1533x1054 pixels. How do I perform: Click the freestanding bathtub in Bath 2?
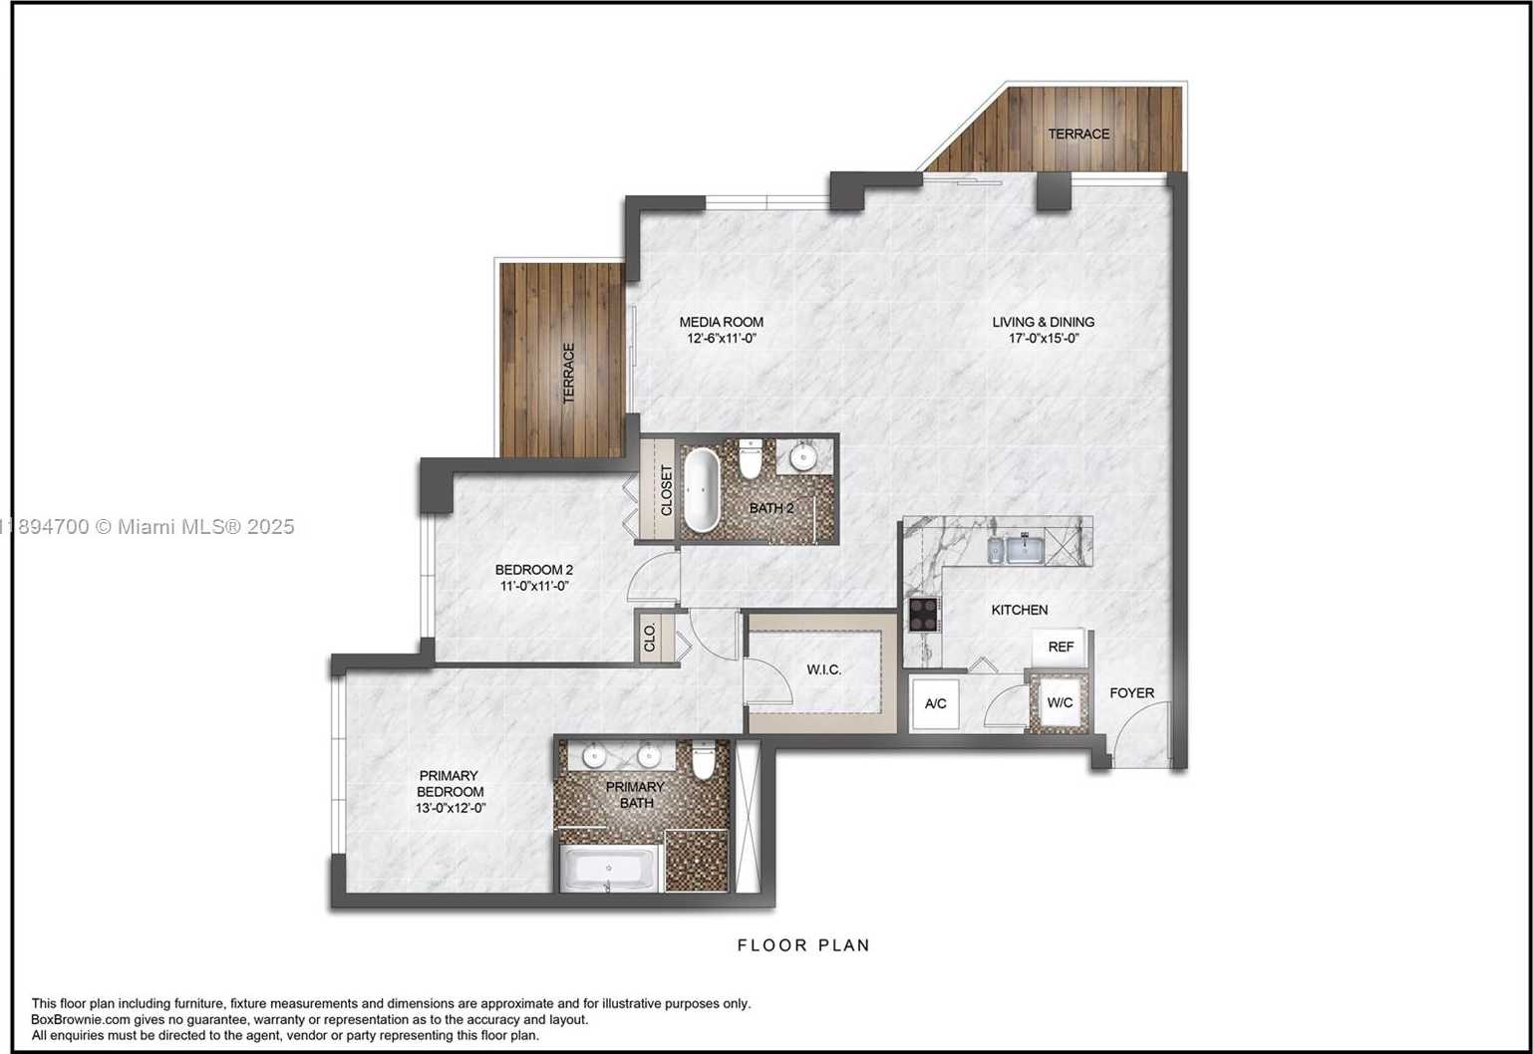(702, 489)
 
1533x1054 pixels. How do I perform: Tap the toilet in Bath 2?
(751, 459)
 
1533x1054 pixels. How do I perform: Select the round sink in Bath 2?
(802, 456)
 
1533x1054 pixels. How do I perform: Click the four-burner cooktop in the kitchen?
(923, 614)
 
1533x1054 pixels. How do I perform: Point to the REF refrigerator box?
(1060, 647)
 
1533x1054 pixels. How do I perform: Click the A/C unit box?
(936, 703)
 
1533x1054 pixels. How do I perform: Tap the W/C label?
(1060, 702)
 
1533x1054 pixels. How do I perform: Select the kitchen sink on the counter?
(1025, 549)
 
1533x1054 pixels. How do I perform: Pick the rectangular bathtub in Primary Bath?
(608, 869)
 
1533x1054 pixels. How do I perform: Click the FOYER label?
(1132, 692)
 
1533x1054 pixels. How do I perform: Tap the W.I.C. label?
(824, 669)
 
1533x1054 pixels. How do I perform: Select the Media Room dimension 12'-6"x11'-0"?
(722, 338)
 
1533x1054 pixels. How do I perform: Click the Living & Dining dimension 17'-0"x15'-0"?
(1044, 338)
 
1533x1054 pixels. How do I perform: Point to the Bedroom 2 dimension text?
(534, 586)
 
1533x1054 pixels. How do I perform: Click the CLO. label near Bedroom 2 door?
(650, 638)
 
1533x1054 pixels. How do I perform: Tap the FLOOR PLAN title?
(803, 945)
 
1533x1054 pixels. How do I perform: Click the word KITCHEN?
(1020, 610)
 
